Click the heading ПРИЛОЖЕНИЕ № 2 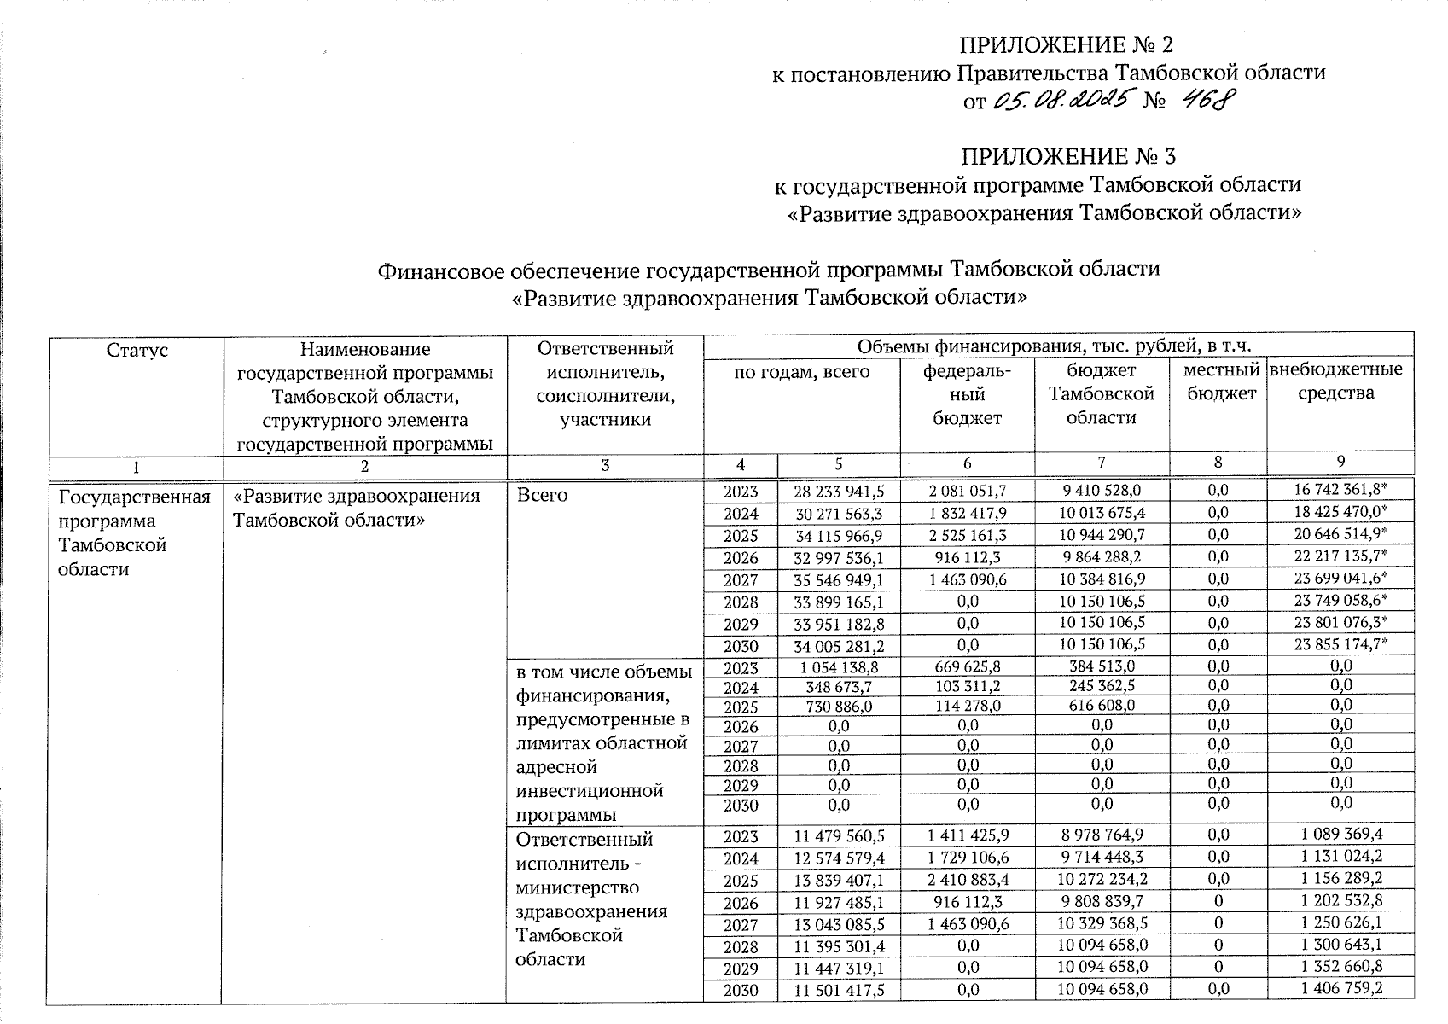(x=1061, y=44)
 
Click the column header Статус (x=137, y=350)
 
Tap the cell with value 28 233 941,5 (x=839, y=491)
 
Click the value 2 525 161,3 (x=967, y=535)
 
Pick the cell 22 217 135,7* (x=1340, y=557)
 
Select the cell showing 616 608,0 (x=1101, y=706)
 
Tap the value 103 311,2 (x=967, y=686)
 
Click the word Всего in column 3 (x=542, y=496)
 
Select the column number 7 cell (x=1102, y=463)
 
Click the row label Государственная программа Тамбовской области (x=134, y=532)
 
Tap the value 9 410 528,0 (x=1101, y=491)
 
